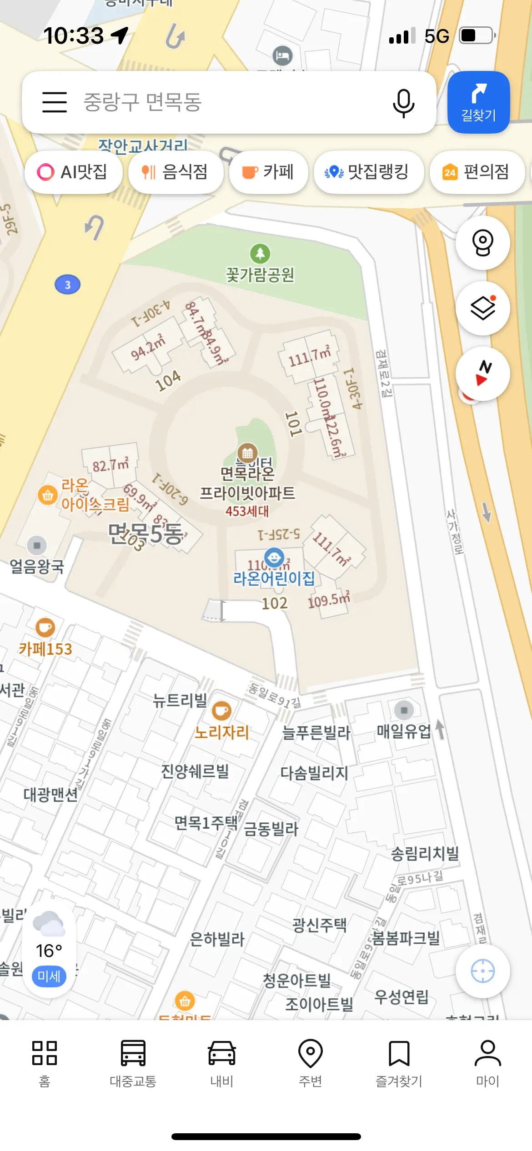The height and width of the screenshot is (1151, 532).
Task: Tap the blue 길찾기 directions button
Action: (x=478, y=102)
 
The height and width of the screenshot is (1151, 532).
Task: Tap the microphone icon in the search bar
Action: (x=403, y=103)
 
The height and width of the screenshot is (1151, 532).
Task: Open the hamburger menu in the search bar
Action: (x=55, y=102)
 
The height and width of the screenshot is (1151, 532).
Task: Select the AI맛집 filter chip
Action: (x=73, y=172)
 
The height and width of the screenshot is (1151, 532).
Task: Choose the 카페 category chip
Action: (x=268, y=172)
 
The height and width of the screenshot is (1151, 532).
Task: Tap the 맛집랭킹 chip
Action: (x=368, y=172)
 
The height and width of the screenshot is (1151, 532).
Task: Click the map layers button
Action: (x=482, y=308)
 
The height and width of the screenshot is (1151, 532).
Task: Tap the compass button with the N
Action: (x=482, y=373)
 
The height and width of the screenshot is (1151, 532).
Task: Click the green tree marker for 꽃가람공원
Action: (x=260, y=254)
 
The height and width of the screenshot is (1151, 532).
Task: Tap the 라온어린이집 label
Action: (x=274, y=578)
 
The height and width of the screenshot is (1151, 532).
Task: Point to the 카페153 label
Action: (x=45, y=649)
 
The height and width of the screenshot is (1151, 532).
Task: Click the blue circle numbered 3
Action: (x=67, y=285)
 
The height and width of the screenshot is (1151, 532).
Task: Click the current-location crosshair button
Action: (x=482, y=971)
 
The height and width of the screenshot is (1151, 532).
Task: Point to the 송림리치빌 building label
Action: (x=425, y=854)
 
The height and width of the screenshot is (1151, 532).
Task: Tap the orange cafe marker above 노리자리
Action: (x=222, y=711)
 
